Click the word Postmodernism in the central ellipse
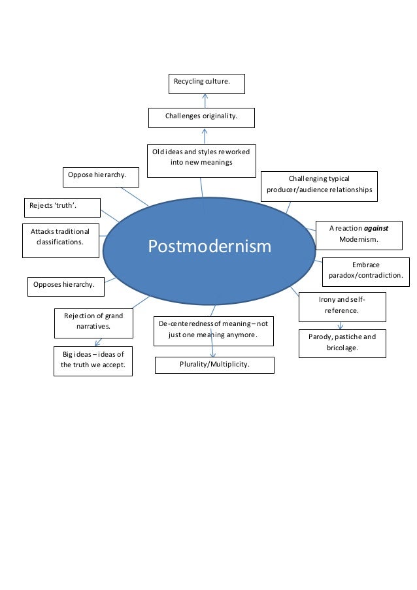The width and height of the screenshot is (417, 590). pos(209,246)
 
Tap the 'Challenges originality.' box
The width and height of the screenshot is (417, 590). pos(201,118)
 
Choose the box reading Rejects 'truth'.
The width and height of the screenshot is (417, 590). pos(62,207)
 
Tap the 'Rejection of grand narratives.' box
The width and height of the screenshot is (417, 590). pos(93,321)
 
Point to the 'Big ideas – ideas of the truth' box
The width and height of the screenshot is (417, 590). pos(93,361)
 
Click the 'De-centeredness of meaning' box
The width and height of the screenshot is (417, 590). pos(214,331)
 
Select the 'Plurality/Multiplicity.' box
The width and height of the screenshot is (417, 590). pos(214,365)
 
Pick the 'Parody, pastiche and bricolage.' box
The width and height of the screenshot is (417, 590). pos(342,343)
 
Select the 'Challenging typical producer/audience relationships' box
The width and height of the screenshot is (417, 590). pos(319,184)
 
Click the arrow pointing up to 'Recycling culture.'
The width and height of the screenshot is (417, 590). pos(205,100)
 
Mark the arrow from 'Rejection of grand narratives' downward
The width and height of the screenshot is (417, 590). pos(97,341)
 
